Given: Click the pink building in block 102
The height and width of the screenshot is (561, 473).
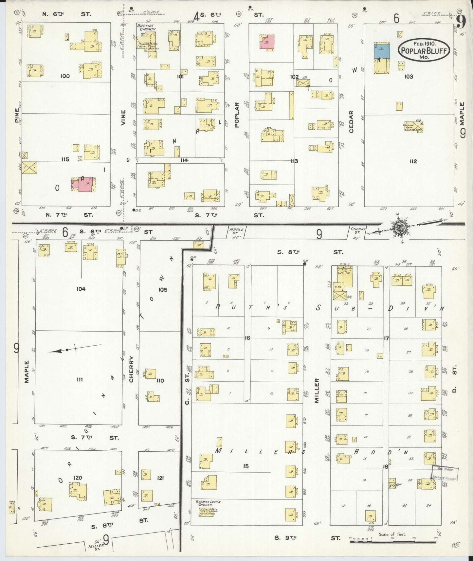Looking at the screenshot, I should click(x=267, y=42).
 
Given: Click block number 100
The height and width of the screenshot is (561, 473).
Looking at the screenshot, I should click(x=65, y=76).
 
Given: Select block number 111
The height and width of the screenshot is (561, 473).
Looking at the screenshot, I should click(x=80, y=380).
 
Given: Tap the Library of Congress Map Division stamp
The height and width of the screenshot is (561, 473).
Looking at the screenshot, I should click(x=445, y=473).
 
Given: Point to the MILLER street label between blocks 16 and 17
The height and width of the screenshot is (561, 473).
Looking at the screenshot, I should click(x=317, y=390).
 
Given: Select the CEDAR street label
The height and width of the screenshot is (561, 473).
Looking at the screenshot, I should click(x=351, y=122).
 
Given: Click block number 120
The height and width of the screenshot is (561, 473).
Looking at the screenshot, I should click(x=78, y=478).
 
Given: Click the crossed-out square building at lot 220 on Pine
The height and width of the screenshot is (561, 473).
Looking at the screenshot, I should click(x=29, y=168).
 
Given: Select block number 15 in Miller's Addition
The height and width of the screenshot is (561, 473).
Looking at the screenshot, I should click(x=246, y=466).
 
